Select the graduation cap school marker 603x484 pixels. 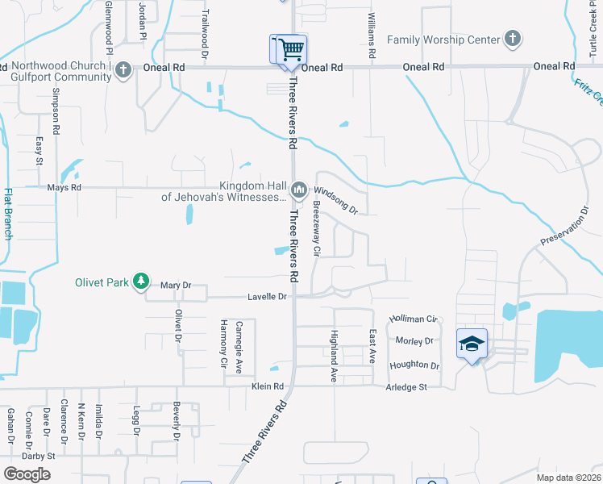pos(472,344)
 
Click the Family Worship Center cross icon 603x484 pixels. pos(511,39)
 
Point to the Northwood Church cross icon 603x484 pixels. pos(123,70)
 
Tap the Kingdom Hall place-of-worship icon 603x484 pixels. pos(299,190)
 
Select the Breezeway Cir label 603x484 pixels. pos(316,234)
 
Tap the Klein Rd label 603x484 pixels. pos(268,387)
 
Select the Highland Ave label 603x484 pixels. pos(333,356)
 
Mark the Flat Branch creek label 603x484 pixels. pos(8,214)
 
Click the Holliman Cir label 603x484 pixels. pos(413,319)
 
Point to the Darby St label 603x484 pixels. pos(38,456)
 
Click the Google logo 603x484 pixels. pos(27,474)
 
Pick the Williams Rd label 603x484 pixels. pos(372,36)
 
